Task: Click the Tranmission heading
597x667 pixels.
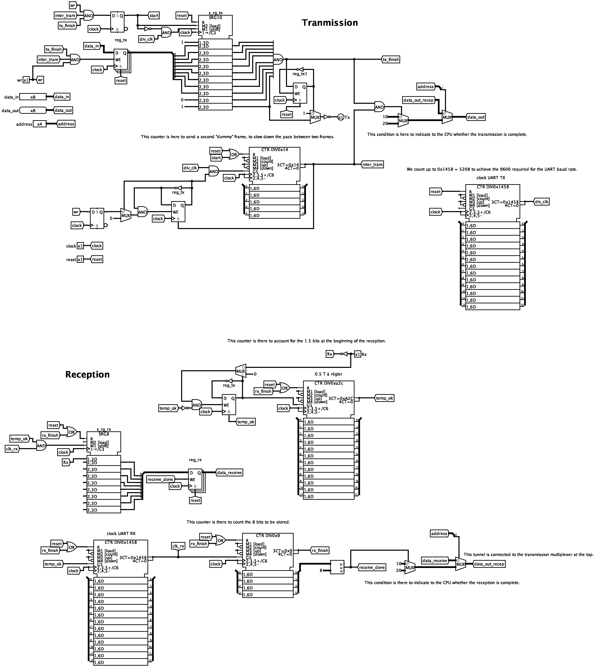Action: tap(330, 23)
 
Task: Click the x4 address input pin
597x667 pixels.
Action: tap(39, 124)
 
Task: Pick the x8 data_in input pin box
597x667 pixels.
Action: tap(33, 97)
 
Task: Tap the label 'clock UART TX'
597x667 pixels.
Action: tap(491, 178)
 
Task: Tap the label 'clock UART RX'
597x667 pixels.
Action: tap(121, 534)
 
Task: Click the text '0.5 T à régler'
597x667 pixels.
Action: tap(328, 374)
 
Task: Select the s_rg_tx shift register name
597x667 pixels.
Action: tap(215, 13)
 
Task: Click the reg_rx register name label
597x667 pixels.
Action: tap(195, 460)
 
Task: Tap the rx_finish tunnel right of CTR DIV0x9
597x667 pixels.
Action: tap(320, 550)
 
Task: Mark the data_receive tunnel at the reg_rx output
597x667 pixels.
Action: tap(229, 473)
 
